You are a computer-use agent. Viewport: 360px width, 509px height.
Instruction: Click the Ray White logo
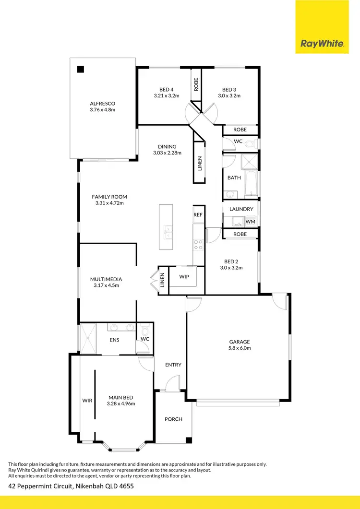click(322, 44)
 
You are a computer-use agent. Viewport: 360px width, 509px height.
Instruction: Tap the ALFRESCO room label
click(102, 103)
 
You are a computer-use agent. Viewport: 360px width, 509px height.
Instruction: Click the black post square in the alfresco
click(81, 69)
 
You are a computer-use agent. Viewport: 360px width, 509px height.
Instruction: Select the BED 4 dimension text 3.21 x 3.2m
click(166, 95)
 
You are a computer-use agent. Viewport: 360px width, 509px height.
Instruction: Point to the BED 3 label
click(229, 89)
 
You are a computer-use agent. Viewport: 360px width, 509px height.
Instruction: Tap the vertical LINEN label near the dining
click(200, 164)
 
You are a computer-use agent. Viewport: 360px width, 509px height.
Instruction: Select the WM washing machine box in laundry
click(250, 221)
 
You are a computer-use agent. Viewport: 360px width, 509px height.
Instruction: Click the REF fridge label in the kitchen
click(198, 215)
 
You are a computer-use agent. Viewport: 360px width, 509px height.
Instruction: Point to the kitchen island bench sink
click(168, 232)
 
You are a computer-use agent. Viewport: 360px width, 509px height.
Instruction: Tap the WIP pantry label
click(184, 277)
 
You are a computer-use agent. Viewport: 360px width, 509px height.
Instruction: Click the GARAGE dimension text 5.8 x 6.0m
click(240, 348)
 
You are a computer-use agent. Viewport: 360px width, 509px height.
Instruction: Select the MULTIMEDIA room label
click(106, 279)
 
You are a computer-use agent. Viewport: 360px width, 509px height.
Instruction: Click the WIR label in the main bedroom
click(87, 400)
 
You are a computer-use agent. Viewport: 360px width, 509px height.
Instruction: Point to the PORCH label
click(173, 419)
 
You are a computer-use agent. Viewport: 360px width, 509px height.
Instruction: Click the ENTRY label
click(173, 365)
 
